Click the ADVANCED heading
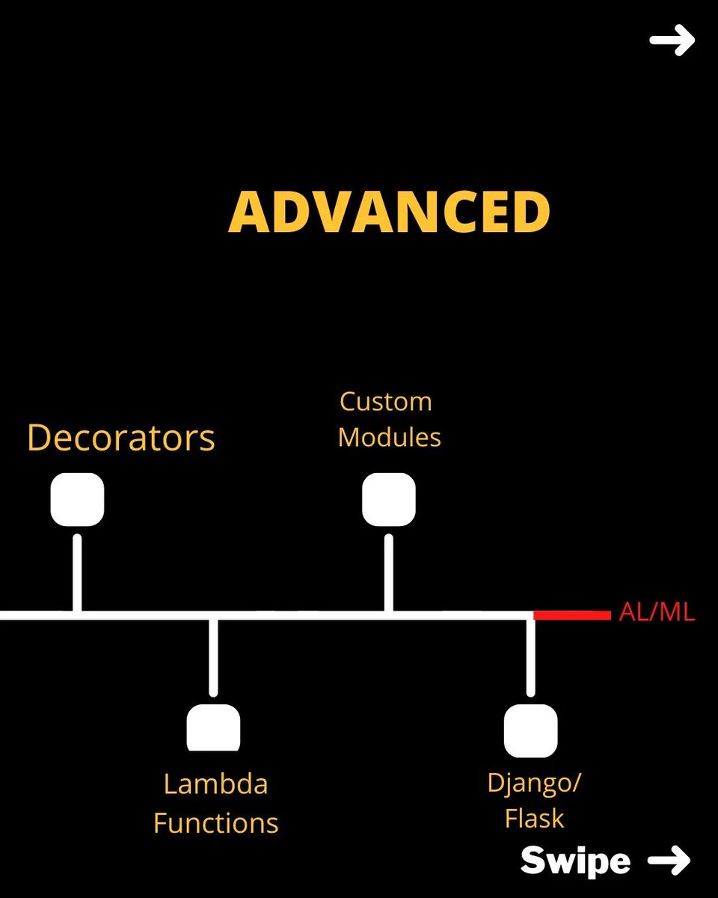(389, 212)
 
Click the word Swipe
(575, 861)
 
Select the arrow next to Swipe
(668, 861)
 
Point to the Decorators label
(121, 438)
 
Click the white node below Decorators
(77, 499)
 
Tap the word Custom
(386, 402)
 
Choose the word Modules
(389, 437)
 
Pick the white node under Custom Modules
(389, 499)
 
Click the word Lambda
(215, 784)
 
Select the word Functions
(215, 823)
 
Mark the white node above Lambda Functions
(213, 727)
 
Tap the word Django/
(534, 783)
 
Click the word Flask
(534, 818)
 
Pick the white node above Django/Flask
(531, 730)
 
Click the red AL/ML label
(657, 614)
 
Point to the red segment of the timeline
(572, 615)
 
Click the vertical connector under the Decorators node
(77, 572)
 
